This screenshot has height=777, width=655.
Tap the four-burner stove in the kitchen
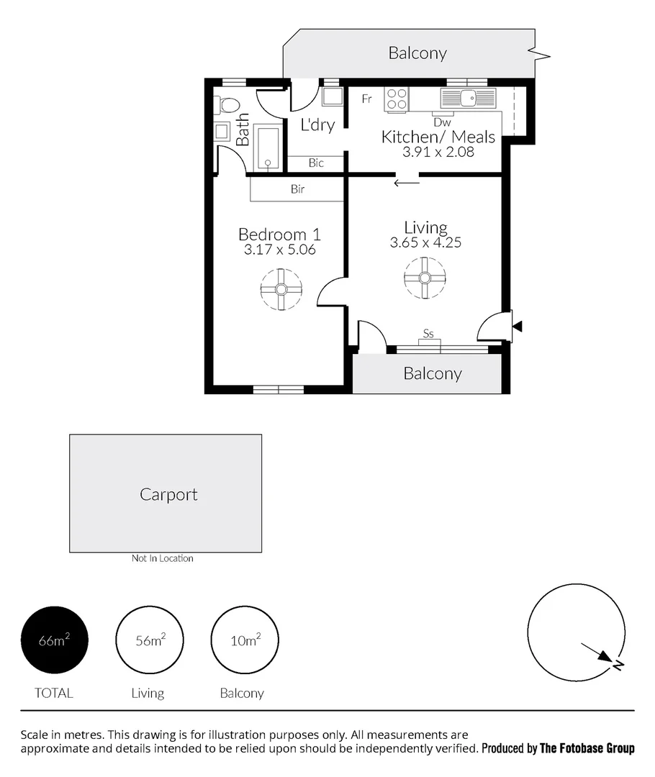click(397, 99)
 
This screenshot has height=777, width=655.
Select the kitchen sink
click(468, 98)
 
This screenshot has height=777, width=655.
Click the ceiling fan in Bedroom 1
click(281, 289)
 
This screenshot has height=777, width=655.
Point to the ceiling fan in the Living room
click(425, 278)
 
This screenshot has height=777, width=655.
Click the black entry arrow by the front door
click(517, 327)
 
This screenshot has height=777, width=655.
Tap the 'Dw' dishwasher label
click(442, 122)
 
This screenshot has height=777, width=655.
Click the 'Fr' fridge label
click(366, 99)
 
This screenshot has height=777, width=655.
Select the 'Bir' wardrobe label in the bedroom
click(297, 189)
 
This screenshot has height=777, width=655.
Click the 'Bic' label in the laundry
click(316, 163)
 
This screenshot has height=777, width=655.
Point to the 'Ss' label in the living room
click(428, 334)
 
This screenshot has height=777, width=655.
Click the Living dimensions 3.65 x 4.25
click(425, 243)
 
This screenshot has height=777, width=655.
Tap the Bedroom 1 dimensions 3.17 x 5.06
click(280, 250)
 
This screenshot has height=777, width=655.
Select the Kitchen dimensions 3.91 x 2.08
click(438, 152)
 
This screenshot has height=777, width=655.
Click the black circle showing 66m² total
click(55, 640)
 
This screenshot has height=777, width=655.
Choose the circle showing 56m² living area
click(150, 640)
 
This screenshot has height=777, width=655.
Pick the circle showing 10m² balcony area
click(244, 640)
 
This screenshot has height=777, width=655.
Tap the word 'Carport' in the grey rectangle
click(168, 495)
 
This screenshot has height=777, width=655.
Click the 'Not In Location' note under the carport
click(162, 558)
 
